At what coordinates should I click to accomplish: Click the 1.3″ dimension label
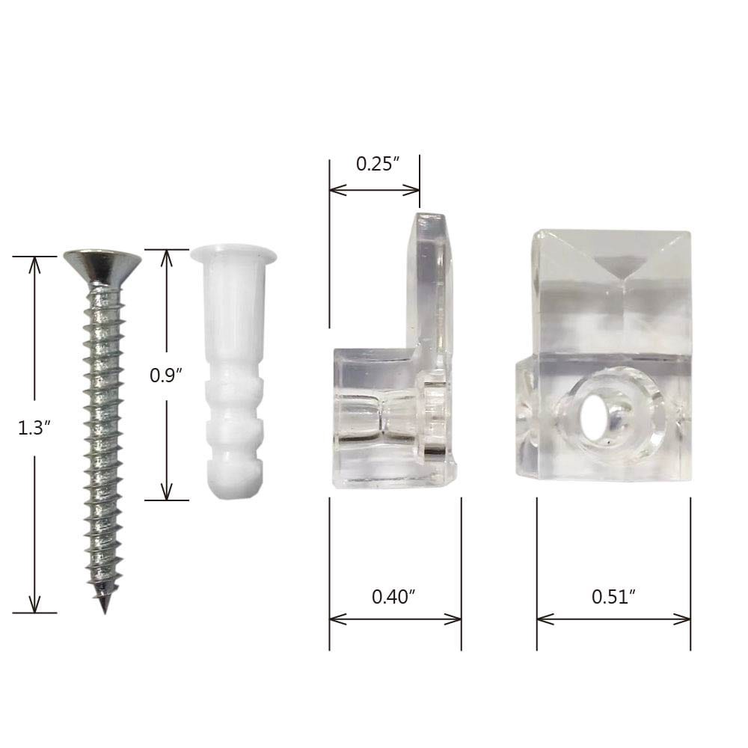click(33, 428)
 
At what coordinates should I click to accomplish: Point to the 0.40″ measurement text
click(393, 597)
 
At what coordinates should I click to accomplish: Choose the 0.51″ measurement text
click(613, 597)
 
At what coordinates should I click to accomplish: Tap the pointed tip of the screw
click(103, 607)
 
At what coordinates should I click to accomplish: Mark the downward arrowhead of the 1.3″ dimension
click(34, 606)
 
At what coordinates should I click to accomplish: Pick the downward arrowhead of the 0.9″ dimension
click(167, 493)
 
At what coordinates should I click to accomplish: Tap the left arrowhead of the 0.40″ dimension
click(335, 619)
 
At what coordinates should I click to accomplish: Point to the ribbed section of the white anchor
click(233, 419)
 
